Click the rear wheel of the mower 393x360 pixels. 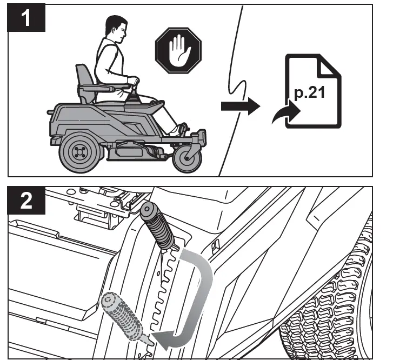point(79,151)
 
